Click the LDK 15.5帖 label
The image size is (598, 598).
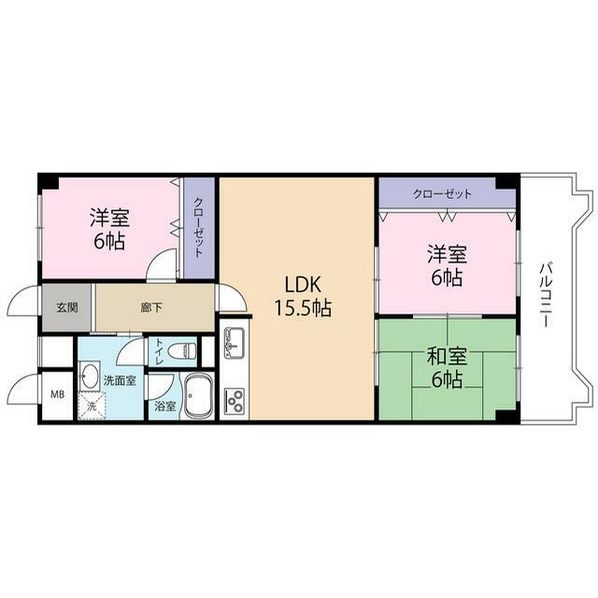(x=303, y=296)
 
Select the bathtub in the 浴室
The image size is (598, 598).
(x=198, y=396)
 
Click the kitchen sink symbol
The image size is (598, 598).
(x=235, y=343)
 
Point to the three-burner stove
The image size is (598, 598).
(x=235, y=401)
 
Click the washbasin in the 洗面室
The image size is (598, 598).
(x=90, y=376)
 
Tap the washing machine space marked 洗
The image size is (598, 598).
(x=92, y=406)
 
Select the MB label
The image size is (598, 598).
(x=58, y=394)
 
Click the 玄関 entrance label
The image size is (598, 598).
(x=67, y=307)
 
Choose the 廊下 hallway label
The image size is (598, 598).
(x=151, y=307)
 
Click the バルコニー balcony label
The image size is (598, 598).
(x=546, y=295)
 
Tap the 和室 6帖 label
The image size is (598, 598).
(x=447, y=367)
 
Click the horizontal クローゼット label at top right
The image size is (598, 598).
(x=443, y=193)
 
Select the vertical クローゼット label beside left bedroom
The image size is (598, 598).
(x=199, y=227)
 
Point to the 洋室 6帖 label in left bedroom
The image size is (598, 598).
(x=109, y=230)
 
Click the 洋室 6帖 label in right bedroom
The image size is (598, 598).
(x=447, y=266)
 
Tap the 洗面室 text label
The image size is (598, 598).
(x=120, y=380)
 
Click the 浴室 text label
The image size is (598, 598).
(x=164, y=406)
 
